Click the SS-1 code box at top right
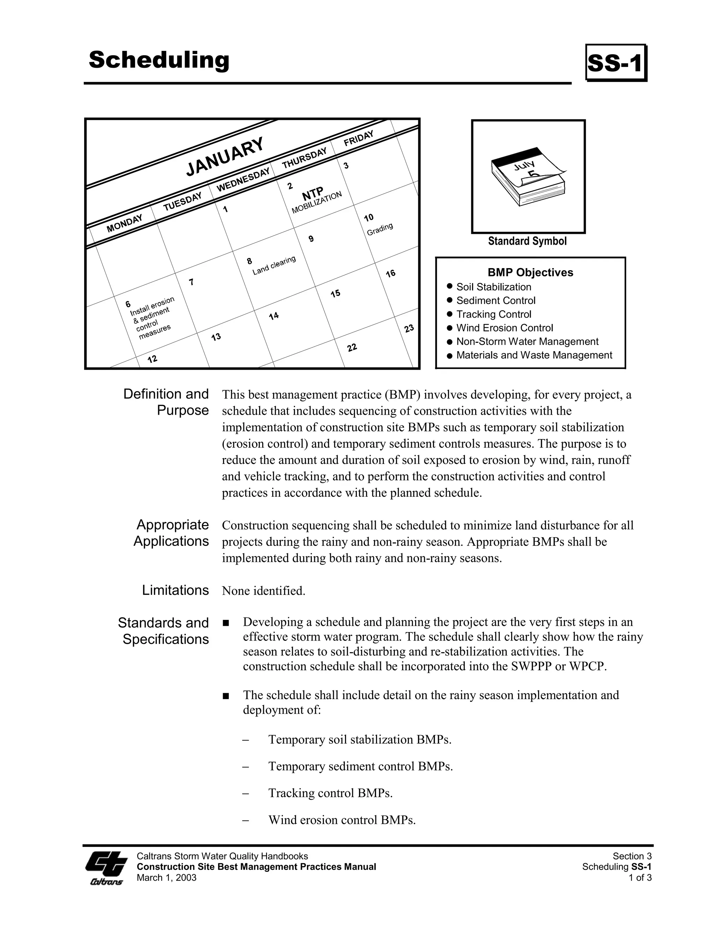click(616, 63)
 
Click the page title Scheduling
click(159, 60)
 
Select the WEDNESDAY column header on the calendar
click(243, 179)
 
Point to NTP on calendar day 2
click(312, 194)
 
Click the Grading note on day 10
click(379, 229)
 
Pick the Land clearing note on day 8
click(274, 266)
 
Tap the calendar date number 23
click(409, 329)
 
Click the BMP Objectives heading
click(530, 272)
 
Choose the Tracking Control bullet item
click(493, 314)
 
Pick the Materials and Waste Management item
click(534, 355)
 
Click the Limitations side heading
click(175, 590)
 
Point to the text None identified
click(264, 591)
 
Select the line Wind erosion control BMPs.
click(342, 820)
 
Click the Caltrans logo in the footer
click(106, 867)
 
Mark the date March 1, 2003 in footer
click(167, 878)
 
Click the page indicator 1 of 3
click(640, 878)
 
